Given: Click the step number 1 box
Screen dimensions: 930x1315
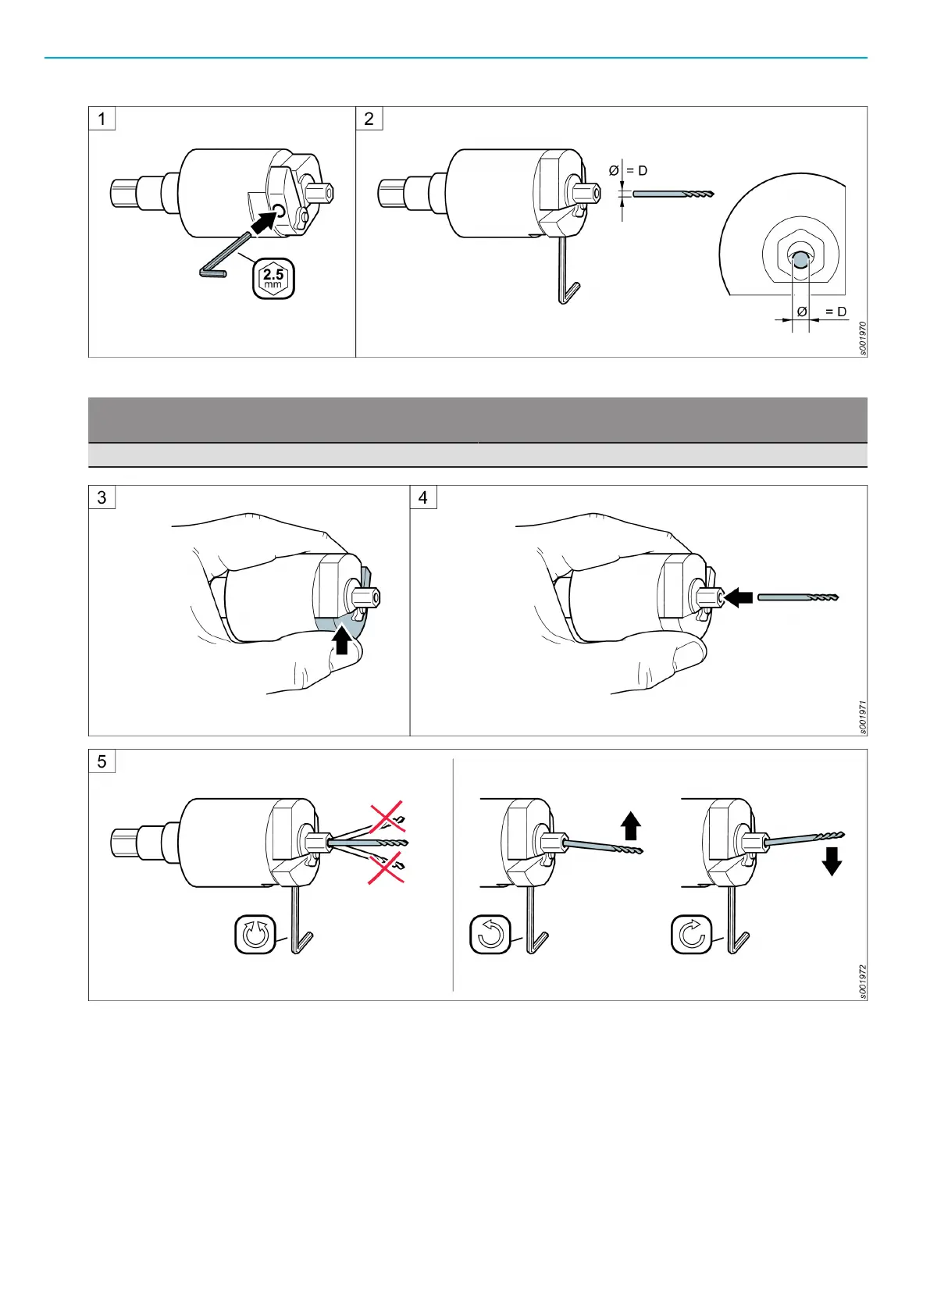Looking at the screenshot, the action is tap(102, 119).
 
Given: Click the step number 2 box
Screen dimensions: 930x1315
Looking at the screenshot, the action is tap(369, 119).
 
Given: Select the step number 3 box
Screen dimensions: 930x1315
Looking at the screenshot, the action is tap(102, 497).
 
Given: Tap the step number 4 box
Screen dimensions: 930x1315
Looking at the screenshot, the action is tap(423, 497).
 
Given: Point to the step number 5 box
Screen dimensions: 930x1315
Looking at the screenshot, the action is tap(102, 761).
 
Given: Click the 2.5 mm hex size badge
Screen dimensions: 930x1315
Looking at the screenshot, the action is tap(273, 279).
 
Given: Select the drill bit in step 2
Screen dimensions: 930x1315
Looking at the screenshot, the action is tap(672, 194).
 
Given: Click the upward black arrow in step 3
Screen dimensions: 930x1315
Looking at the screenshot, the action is tap(341, 641).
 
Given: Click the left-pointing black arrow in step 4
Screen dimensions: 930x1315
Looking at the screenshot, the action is tap(739, 598).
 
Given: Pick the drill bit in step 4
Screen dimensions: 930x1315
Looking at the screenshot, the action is tap(797, 597).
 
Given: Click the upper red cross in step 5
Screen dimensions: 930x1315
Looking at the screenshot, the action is tap(387, 817).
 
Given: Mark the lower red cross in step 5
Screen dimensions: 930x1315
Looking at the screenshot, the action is tap(387, 868).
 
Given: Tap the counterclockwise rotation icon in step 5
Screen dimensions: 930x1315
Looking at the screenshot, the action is tap(490, 934).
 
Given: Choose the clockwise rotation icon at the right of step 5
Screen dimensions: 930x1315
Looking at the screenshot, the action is tap(692, 934).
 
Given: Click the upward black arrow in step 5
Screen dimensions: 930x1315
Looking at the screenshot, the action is tap(631, 826).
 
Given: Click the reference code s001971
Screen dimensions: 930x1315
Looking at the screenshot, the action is tap(862, 717).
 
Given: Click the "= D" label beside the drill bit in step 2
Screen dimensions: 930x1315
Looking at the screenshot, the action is tap(636, 171).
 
